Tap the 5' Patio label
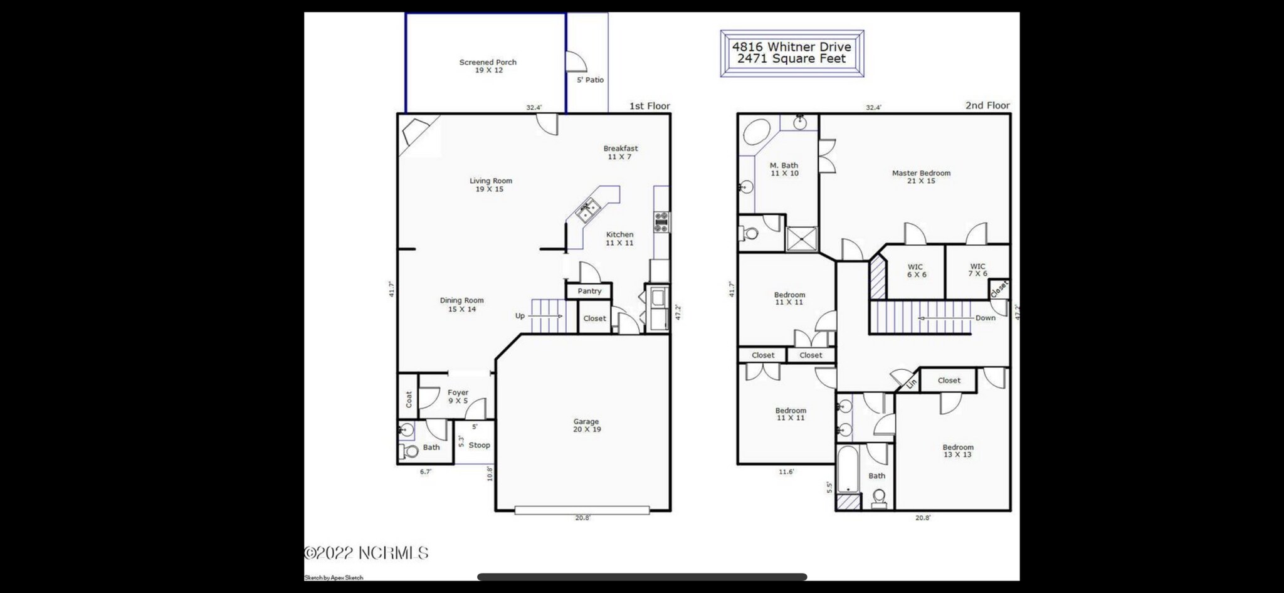[x=590, y=80]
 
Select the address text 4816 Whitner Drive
[x=791, y=47]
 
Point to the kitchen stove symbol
[x=661, y=222]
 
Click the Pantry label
[x=589, y=291]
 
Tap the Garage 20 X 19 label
[x=586, y=426]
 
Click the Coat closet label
[x=409, y=400]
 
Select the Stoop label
[x=479, y=445]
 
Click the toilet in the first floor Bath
[x=411, y=451]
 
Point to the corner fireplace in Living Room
[x=414, y=132]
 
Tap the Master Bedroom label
[x=920, y=177]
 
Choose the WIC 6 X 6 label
[x=915, y=271]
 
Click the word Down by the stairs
[x=985, y=318]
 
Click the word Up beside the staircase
[x=520, y=316]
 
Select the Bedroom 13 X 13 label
[x=957, y=451]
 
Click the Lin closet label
[x=912, y=382]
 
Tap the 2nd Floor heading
[x=987, y=105]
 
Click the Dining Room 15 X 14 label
[x=461, y=305]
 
